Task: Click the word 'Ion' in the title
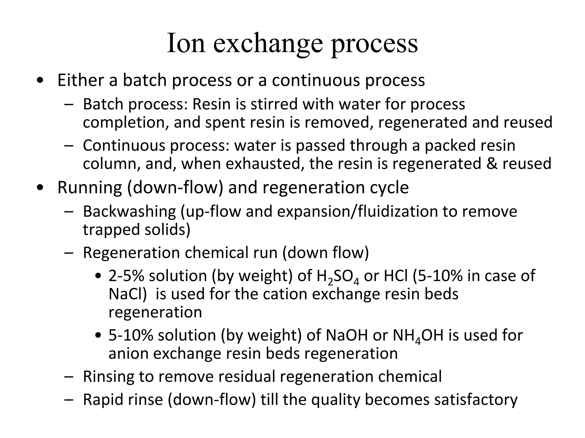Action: [x=186, y=43]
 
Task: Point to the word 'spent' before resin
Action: [x=223, y=122]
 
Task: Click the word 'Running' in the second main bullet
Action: [x=90, y=187]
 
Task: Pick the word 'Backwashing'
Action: [x=129, y=211]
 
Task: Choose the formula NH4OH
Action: [x=418, y=335]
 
